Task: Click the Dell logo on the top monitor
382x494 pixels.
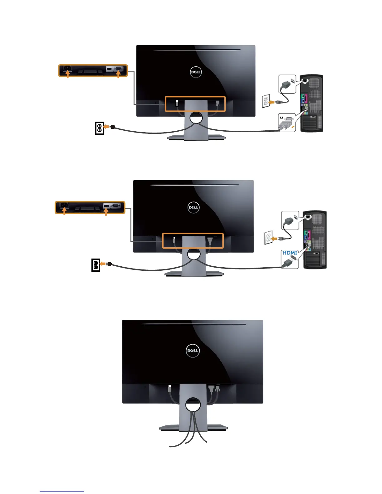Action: pyautogui.click(x=196, y=72)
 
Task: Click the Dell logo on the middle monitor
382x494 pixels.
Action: pyautogui.click(x=193, y=207)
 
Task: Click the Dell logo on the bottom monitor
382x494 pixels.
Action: pyautogui.click(x=193, y=351)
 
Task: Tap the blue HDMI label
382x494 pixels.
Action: pyautogui.click(x=290, y=253)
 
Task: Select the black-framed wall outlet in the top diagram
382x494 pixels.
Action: pyautogui.click(x=99, y=128)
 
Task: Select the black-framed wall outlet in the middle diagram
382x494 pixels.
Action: pyautogui.click(x=95, y=265)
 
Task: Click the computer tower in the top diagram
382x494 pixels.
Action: pyautogui.click(x=311, y=103)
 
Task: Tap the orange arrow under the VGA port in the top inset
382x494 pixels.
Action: pyautogui.click(x=118, y=75)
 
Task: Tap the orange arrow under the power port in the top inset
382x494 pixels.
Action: pyautogui.click(x=67, y=75)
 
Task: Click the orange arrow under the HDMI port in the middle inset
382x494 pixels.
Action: pyautogui.click(x=106, y=212)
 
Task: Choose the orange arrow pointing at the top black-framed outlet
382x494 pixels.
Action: pyautogui.click(x=106, y=127)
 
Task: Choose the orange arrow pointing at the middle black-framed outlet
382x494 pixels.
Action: pyautogui.click(x=103, y=264)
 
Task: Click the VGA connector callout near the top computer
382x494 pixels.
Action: pyautogui.click(x=286, y=123)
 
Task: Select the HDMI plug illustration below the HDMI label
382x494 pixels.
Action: pyautogui.click(x=289, y=261)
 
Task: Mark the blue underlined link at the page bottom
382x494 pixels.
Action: pyautogui.click(x=62, y=491)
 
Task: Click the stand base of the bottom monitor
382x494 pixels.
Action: pyautogui.click(x=193, y=428)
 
